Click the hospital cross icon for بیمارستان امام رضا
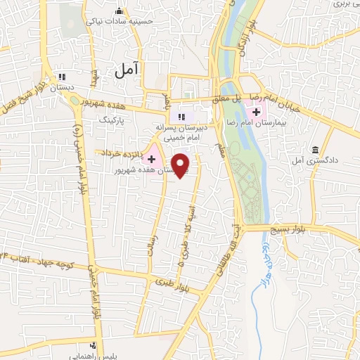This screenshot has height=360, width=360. pyautogui.click(x=257, y=112)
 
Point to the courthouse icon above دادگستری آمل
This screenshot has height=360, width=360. pyautogui.click(x=314, y=150)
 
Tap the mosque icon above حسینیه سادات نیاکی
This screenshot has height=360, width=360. pyautogui.click(x=119, y=11)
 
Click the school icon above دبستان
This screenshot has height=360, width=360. pyautogui.click(x=62, y=77)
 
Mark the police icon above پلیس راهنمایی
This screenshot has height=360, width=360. pyautogui.click(x=94, y=345)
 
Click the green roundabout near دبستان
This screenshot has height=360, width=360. pyautogui.click(x=75, y=99)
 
